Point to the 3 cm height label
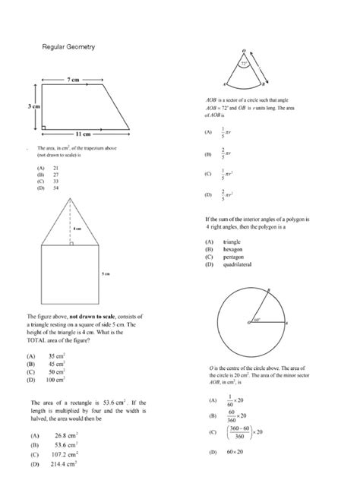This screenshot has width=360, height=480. coord(33,107)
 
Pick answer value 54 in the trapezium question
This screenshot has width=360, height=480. coord(55,188)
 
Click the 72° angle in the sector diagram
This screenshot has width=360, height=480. coord(243,65)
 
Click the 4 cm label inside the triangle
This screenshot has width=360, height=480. coord(77,228)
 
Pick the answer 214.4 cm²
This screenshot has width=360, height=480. coord(63,464)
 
